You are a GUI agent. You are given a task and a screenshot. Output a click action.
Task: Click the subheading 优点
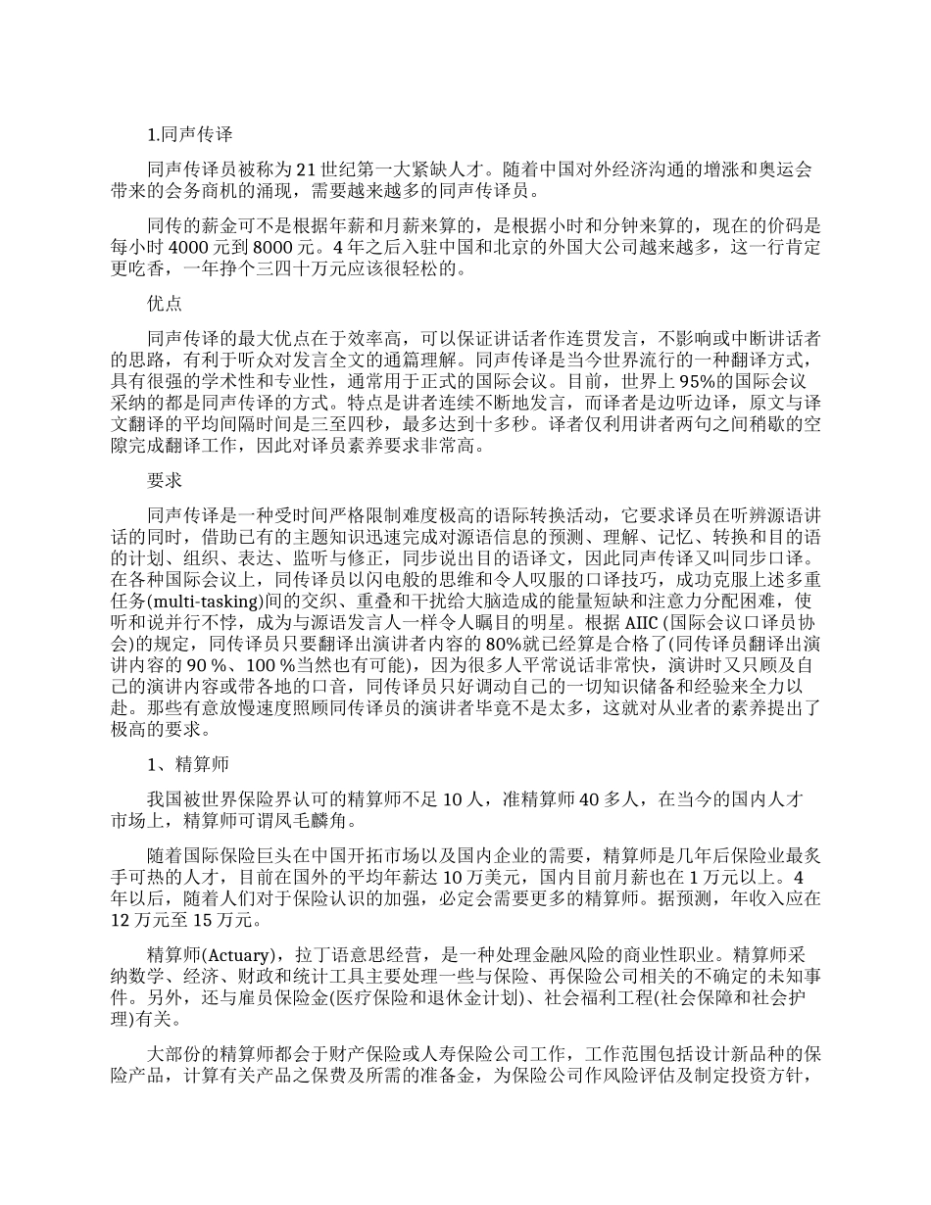(164, 305)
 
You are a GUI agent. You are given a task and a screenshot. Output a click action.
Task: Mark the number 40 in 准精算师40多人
(591, 799)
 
